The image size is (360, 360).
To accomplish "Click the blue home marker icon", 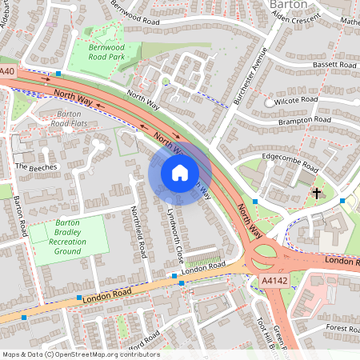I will pos(180,172).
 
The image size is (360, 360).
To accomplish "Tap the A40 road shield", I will pos(8,72).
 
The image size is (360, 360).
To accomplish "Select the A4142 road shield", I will pos(273,281).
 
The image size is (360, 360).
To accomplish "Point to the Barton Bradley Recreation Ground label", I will pos(69,238).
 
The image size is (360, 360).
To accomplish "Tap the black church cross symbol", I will pos(317,194).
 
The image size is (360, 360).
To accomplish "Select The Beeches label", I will pos(36,166).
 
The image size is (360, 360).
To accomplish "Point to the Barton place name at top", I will pos(288,4).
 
